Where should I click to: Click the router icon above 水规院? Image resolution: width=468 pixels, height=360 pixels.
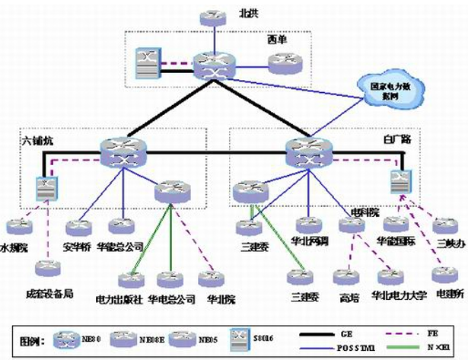click(x=17, y=227)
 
